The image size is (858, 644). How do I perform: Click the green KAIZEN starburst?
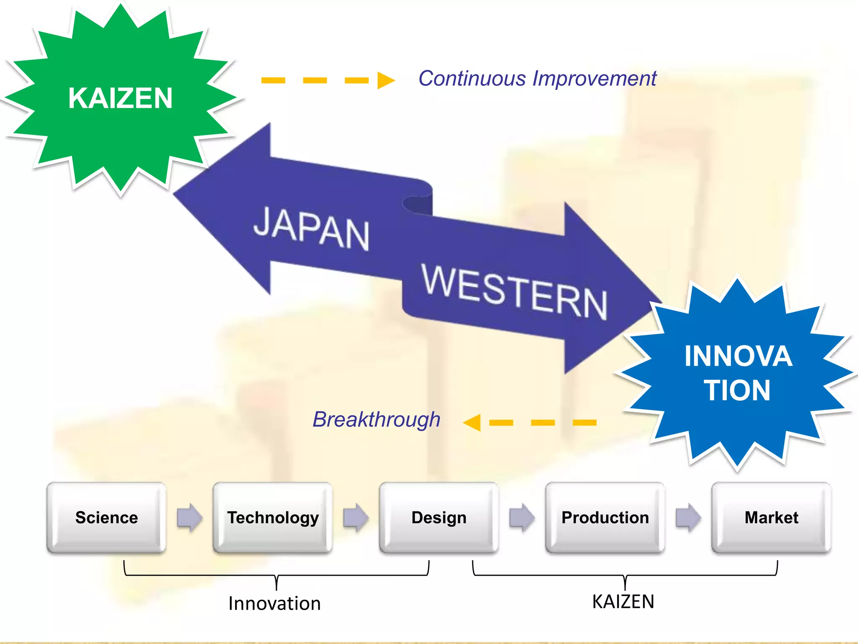[121, 99]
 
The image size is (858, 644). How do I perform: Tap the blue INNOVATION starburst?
[737, 373]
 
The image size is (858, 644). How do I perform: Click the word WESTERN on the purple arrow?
[514, 291]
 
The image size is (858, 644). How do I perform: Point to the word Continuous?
[472, 78]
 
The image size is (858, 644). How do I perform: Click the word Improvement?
[594, 78]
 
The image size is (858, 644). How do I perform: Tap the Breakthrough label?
[376, 419]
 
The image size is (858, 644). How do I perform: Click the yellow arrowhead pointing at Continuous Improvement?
[385, 80]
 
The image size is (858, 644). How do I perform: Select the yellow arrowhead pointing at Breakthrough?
[473, 422]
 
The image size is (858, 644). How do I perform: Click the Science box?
[106, 517]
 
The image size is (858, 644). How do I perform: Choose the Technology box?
[273, 517]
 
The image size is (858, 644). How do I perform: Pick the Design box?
[439, 517]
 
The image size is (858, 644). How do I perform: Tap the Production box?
[605, 517]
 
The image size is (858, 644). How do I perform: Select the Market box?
[771, 517]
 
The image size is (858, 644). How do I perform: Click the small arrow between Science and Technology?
[189, 517]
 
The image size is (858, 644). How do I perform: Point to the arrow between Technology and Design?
[356, 517]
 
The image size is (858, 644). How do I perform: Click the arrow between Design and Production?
[522, 517]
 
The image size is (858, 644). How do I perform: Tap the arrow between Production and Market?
[688, 517]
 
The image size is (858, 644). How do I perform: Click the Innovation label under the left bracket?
[274, 603]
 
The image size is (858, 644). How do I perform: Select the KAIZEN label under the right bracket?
[623, 602]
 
